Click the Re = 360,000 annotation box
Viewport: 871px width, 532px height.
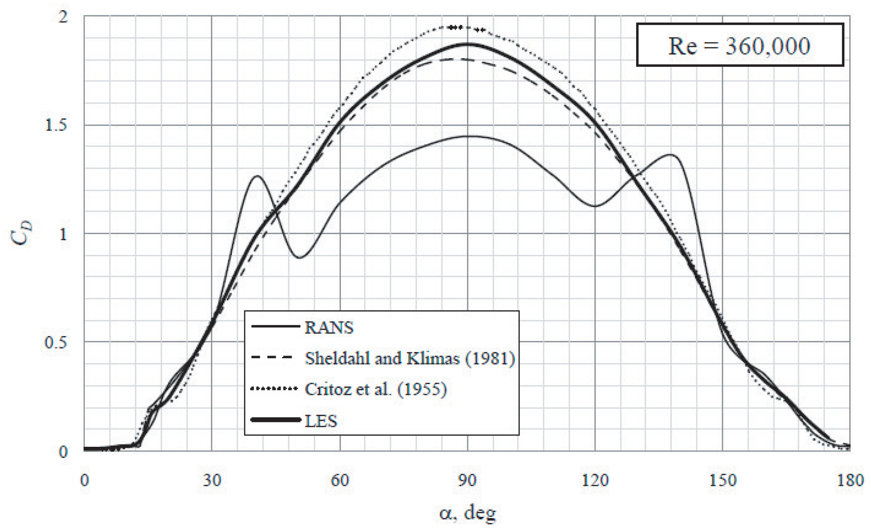(739, 45)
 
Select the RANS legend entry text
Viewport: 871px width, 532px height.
(329, 327)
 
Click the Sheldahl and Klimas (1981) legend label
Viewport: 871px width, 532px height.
(410, 358)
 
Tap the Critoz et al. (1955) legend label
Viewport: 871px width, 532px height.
(375, 389)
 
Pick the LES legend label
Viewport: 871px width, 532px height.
(321, 420)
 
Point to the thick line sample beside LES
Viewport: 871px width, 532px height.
(276, 420)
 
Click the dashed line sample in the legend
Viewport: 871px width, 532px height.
(272, 357)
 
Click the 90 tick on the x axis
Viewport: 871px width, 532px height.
(467, 480)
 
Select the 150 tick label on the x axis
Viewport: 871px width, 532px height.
(722, 480)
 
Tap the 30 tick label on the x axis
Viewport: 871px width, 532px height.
(212, 480)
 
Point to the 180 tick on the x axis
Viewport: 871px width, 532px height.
(850, 480)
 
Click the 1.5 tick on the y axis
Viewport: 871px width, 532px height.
(56, 125)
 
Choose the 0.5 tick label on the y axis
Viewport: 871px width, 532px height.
(56, 342)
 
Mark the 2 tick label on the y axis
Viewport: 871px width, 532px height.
(63, 17)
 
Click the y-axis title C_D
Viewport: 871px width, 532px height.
(21, 234)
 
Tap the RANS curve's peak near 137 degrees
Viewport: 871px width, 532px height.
(671, 154)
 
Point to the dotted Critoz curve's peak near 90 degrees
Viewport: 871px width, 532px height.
(458, 27)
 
